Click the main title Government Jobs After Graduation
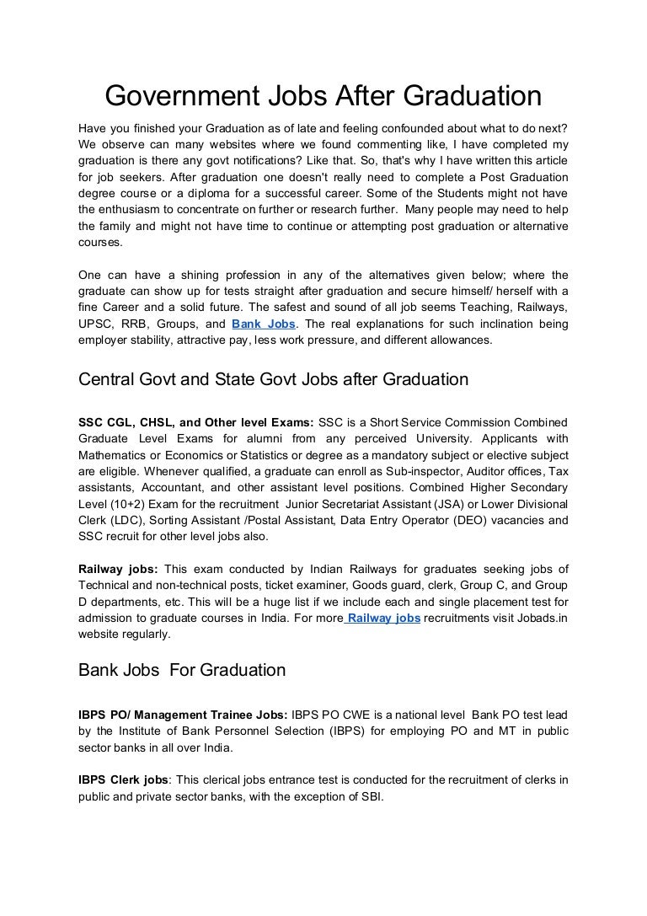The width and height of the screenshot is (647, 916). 323,96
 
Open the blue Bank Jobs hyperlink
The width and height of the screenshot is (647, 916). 263,324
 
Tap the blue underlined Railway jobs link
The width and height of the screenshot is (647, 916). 383,618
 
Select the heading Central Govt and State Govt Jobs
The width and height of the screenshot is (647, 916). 273,379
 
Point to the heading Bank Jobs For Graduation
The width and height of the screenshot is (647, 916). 182,671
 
